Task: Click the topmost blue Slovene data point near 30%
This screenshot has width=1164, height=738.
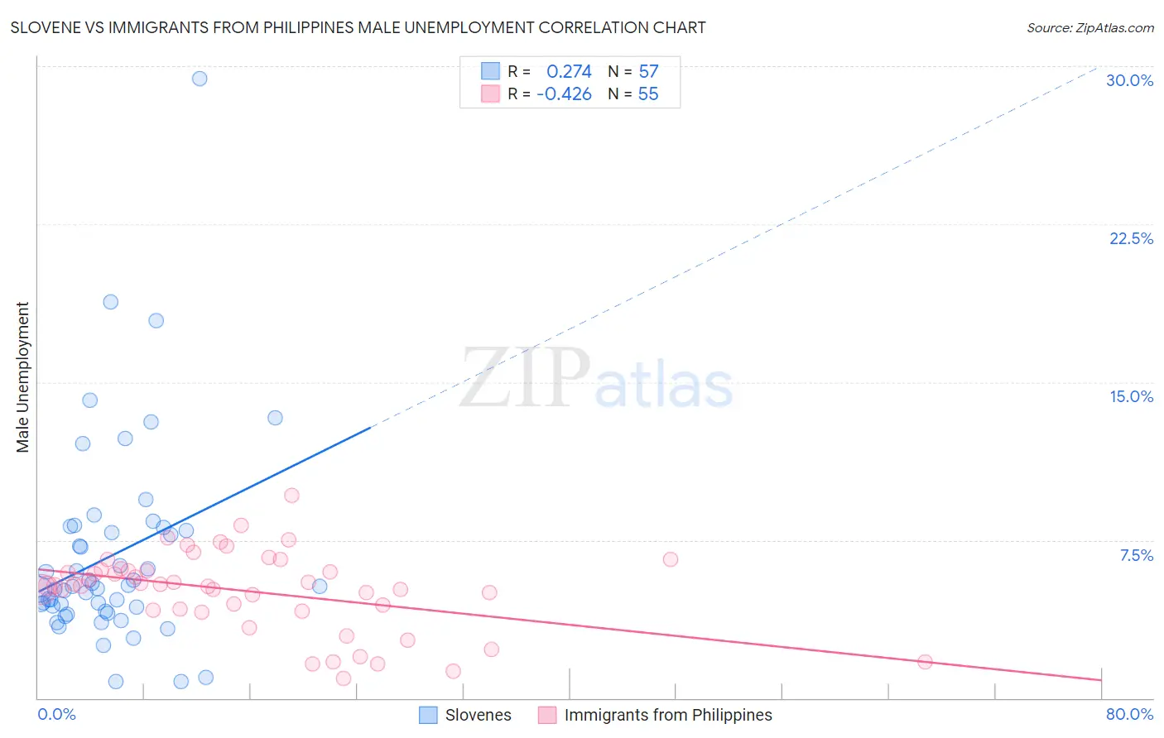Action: [200, 79]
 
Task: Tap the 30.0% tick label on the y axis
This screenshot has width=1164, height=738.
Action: [1129, 80]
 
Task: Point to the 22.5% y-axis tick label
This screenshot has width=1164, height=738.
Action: [1131, 238]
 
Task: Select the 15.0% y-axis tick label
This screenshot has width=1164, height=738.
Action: [1131, 396]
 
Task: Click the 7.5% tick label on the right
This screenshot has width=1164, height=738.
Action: [1136, 555]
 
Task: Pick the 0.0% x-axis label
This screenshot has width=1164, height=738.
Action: [56, 714]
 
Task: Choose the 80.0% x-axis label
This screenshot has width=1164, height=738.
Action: [1129, 714]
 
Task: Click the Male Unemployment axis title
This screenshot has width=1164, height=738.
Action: [22, 377]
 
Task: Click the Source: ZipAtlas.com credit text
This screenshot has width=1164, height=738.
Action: [1089, 28]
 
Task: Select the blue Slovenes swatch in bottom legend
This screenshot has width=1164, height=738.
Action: [428, 715]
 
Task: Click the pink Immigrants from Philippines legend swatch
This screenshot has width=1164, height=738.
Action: [547, 715]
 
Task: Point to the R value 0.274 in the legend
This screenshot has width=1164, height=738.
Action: [569, 71]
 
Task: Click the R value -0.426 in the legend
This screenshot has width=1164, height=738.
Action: [564, 93]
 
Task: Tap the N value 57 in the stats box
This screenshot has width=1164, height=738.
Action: [648, 71]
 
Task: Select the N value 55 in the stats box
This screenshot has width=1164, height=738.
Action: [648, 93]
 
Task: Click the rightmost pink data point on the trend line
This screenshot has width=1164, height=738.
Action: [925, 662]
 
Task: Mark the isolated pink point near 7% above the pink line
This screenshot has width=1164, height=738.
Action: [671, 559]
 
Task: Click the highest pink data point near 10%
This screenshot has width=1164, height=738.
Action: [291, 496]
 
